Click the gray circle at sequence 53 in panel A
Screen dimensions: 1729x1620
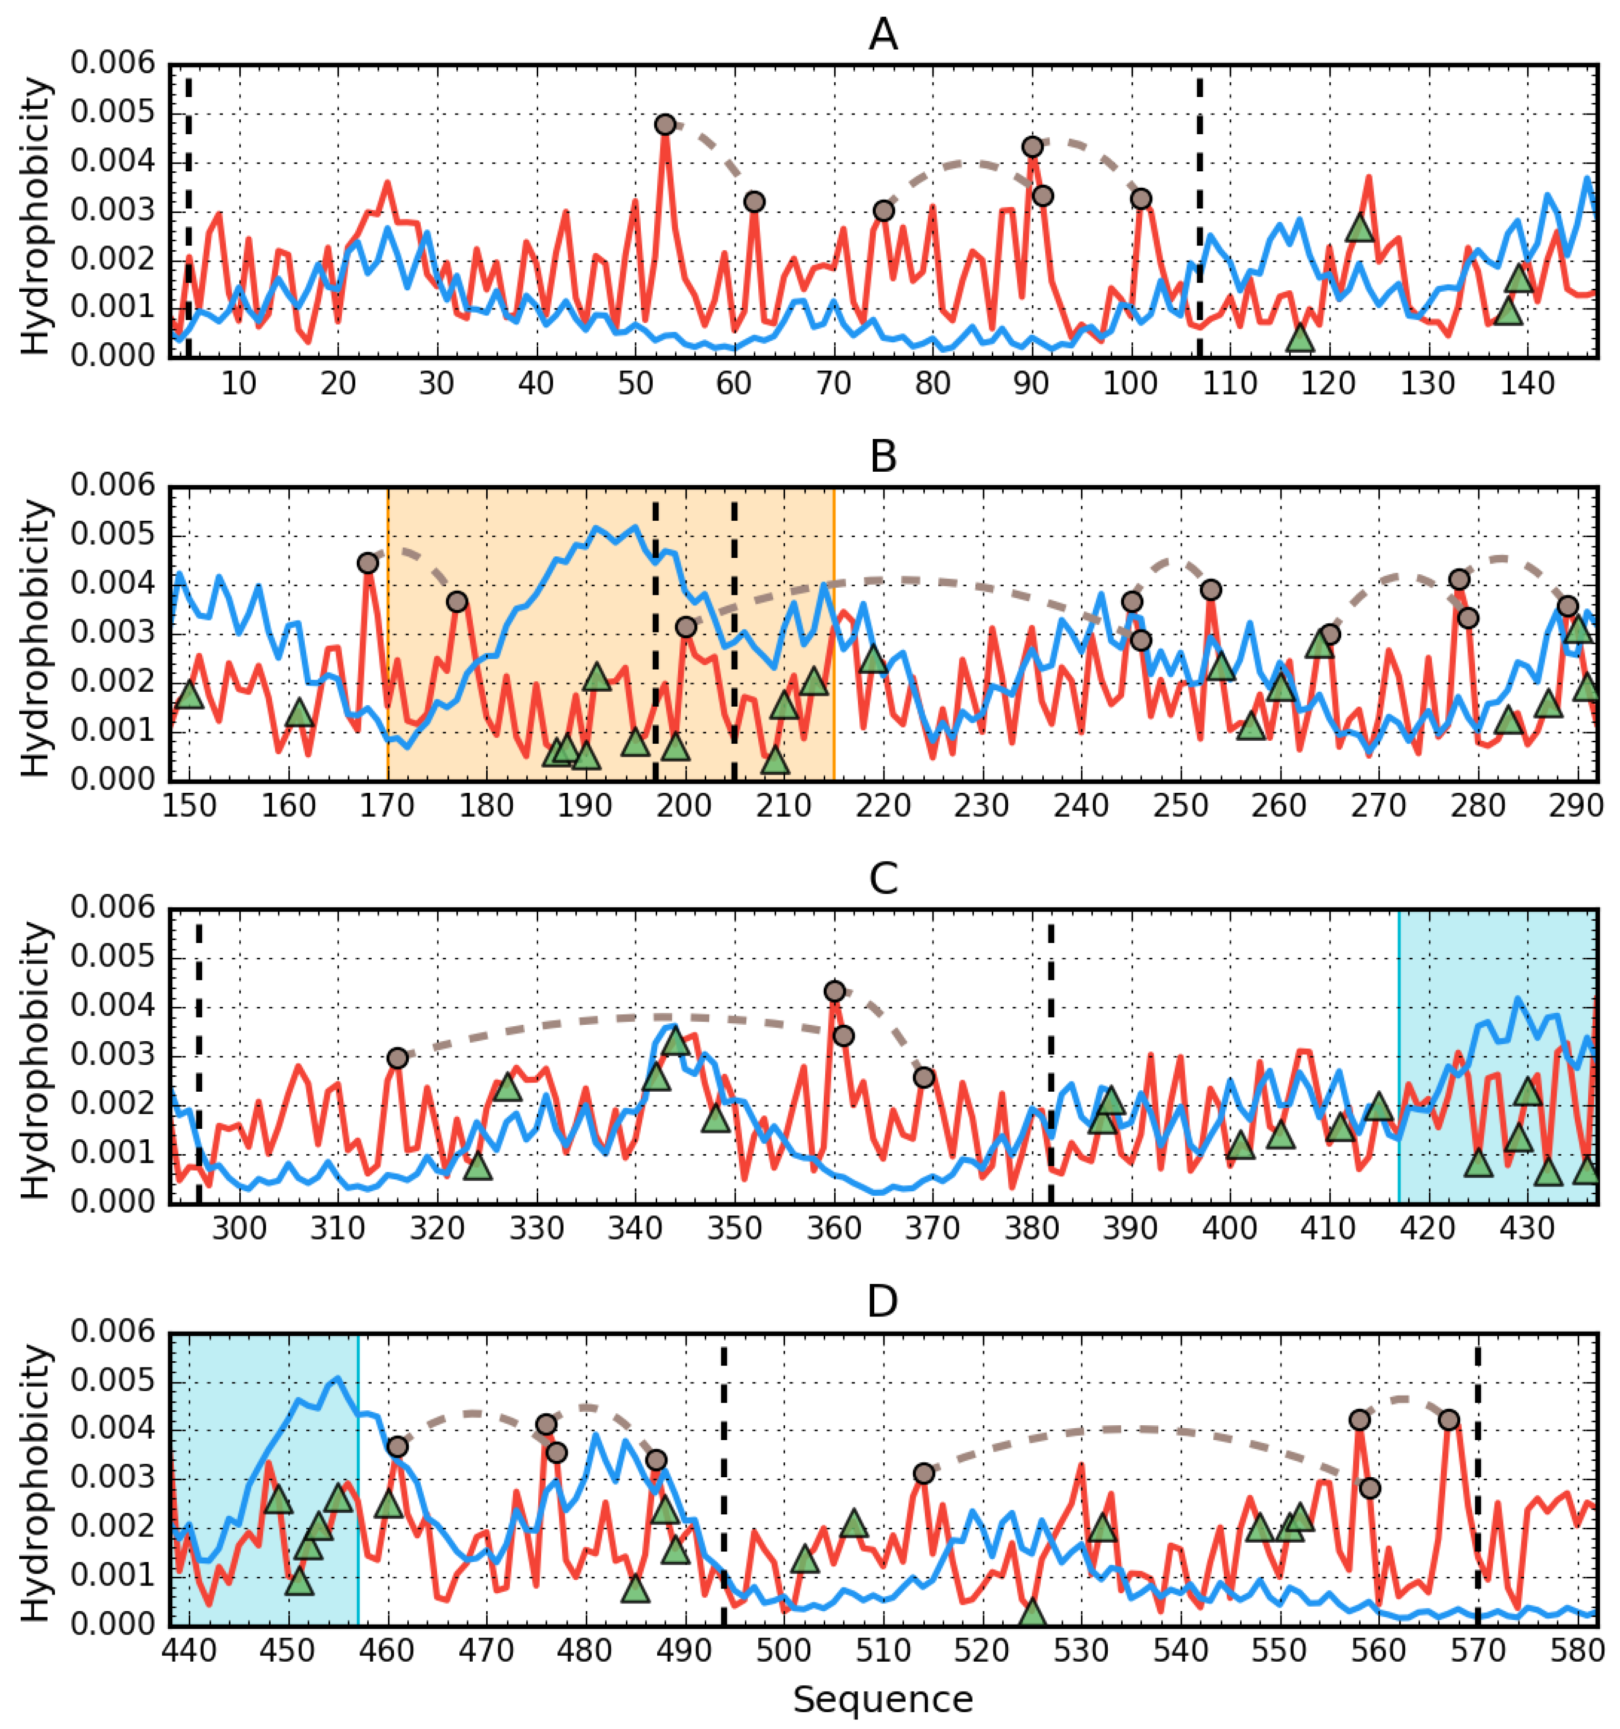pos(665,124)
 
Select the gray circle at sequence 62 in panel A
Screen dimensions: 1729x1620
pos(754,202)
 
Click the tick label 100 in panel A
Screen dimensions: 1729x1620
pos(1131,384)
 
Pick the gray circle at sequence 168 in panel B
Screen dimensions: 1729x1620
pos(368,563)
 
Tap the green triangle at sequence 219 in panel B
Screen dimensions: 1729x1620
pos(873,660)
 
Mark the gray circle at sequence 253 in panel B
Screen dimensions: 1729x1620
pos(1210,590)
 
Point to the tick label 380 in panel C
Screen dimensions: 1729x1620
pos(1032,1228)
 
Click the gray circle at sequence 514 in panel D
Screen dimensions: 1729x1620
pos(924,1473)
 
